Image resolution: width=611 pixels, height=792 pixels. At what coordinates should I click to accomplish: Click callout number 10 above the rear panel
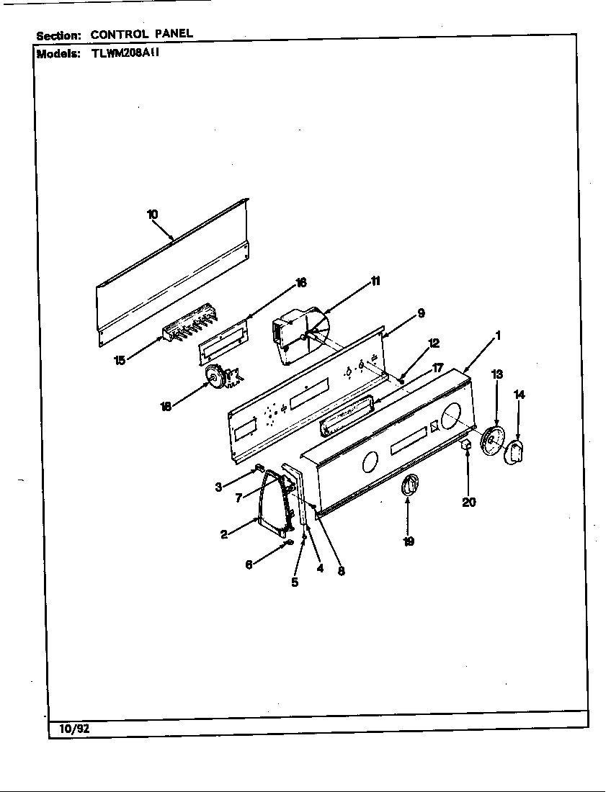(x=152, y=214)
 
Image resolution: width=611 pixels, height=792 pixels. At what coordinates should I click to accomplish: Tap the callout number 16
(x=301, y=282)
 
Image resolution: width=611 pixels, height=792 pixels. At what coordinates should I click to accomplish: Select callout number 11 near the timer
(x=375, y=281)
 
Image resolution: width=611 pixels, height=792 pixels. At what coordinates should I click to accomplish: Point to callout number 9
(x=420, y=312)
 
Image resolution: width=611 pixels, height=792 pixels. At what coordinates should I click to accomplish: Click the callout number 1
(x=497, y=335)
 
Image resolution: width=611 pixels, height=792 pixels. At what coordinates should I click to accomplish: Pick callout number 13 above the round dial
(x=497, y=374)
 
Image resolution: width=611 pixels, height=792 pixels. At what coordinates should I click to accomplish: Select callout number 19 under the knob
(x=409, y=541)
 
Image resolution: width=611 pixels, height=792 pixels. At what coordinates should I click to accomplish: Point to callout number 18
(x=166, y=406)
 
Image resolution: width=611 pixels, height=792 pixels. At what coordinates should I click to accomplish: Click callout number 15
(x=120, y=360)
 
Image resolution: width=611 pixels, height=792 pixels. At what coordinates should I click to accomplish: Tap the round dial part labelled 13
(x=494, y=439)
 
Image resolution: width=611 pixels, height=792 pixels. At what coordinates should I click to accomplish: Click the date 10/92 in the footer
(x=69, y=729)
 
